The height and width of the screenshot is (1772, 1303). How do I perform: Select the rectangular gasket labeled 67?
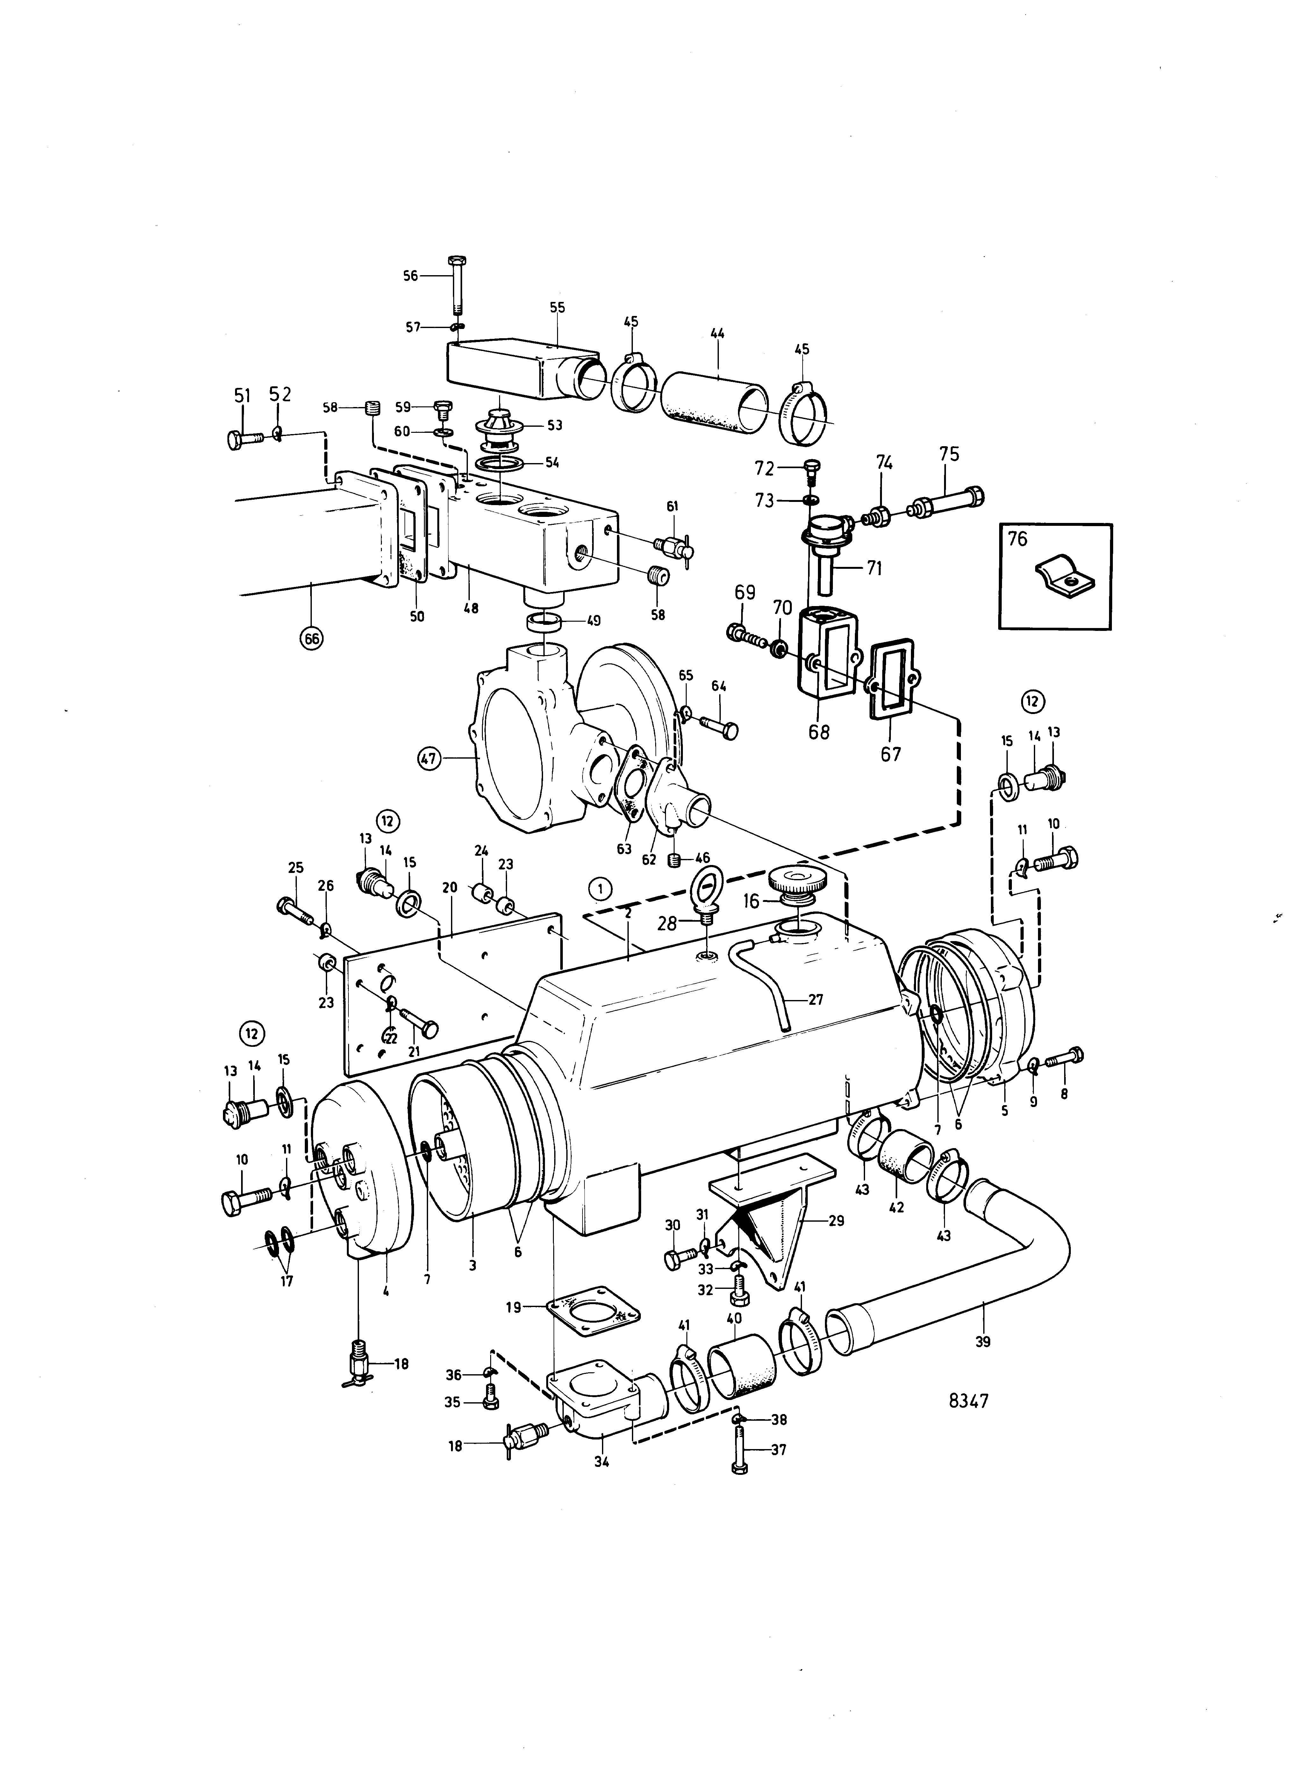click(892, 681)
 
